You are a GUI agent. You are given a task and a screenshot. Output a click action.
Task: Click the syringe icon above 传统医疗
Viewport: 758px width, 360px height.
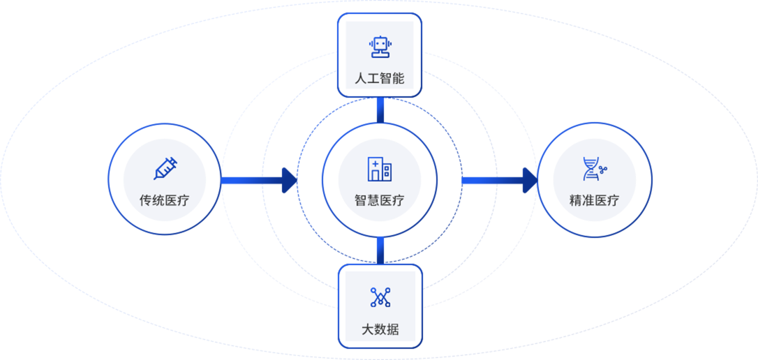coord(165,169)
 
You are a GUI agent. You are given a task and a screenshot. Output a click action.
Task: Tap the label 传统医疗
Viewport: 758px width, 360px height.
coord(164,201)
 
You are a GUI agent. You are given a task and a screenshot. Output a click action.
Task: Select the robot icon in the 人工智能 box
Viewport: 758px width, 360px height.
coord(380,47)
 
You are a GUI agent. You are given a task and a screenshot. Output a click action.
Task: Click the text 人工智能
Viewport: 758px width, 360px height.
coord(380,78)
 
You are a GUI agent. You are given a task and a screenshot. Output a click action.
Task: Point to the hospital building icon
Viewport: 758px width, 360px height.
coord(380,169)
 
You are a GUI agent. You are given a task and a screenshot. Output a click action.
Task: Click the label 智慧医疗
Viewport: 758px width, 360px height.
coord(380,201)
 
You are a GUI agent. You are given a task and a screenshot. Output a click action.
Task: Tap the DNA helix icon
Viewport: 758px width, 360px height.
coord(594,169)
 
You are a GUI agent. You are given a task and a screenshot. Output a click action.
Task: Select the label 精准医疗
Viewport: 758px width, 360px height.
coord(594,201)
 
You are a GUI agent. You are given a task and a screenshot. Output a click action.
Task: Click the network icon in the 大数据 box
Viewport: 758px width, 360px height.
coord(380,298)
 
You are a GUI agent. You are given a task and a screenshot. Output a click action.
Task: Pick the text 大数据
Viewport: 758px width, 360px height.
coord(380,329)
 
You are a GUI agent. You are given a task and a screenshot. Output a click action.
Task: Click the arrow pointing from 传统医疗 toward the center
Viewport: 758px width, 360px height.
coord(258,181)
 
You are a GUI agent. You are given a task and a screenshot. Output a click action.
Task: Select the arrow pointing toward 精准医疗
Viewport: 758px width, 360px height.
coord(498,181)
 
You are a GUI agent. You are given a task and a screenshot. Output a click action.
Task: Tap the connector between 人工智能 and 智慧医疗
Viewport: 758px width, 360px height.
coord(380,110)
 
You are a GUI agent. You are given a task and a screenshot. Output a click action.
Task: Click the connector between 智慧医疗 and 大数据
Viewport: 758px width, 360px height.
coord(380,250)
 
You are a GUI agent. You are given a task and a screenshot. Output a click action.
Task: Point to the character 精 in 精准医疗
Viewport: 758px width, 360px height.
coord(576,201)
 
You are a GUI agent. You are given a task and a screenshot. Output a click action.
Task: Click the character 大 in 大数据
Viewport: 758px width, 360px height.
coord(368,329)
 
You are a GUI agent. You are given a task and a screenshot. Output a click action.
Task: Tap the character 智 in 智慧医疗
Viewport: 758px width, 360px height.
coord(361,201)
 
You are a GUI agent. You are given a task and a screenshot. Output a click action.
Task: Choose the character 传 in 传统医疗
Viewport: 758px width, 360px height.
coord(146,201)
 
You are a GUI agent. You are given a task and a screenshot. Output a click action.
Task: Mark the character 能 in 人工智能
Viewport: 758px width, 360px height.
coord(399,78)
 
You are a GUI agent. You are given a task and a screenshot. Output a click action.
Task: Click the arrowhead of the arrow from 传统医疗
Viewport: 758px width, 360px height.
coord(288,181)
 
